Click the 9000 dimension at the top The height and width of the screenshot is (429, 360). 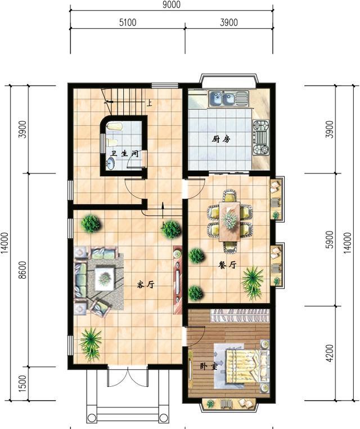click(x=172, y=5)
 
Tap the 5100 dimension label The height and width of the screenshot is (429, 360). click(x=128, y=23)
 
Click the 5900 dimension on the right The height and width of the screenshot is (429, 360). click(x=330, y=240)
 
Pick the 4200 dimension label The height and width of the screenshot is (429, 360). click(x=330, y=353)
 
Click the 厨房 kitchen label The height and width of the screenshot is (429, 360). click(x=221, y=139)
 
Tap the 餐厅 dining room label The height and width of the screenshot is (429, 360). click(x=227, y=265)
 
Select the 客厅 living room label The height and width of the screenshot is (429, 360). click(x=146, y=285)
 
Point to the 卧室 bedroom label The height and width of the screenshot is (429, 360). click(x=208, y=367)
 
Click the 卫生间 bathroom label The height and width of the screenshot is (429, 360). click(x=124, y=153)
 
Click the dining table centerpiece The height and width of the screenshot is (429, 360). click(x=229, y=219)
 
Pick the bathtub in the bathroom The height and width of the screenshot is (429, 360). click(x=114, y=127)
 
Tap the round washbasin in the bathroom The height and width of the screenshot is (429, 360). click(x=111, y=164)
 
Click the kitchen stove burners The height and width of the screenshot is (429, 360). click(x=261, y=137)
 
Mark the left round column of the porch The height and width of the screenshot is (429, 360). click(x=92, y=418)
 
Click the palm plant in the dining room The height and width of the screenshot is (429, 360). click(x=253, y=281)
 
